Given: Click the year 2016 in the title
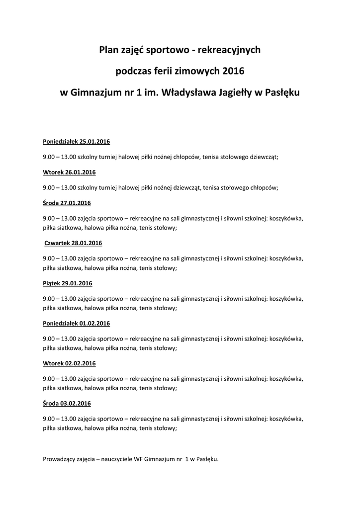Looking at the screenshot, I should (234, 71).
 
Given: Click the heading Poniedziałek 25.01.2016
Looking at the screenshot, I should (76, 142).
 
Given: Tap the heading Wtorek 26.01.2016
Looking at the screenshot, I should (69, 172).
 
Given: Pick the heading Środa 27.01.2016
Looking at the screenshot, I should (67, 203).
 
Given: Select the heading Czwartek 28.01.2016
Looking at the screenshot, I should (73, 243).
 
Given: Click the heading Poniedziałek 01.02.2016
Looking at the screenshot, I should (76, 323).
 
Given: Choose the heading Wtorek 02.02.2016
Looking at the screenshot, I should (69, 363).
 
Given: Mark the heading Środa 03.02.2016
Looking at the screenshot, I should (67, 403).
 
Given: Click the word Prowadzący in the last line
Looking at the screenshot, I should (60, 459).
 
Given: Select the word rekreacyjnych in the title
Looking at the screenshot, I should (231, 50).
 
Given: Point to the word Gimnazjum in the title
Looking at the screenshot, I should (96, 92).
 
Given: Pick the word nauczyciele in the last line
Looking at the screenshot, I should (116, 459).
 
